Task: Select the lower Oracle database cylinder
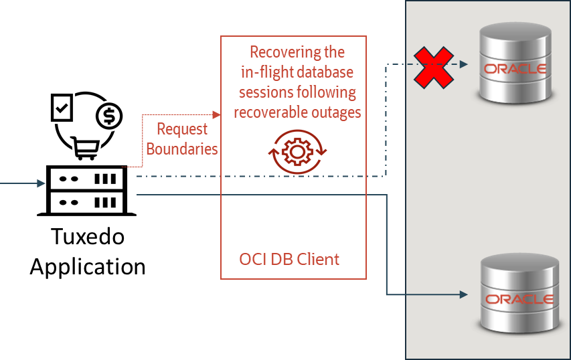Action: pos(517,294)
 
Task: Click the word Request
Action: pos(182,129)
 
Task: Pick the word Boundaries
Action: pos(182,149)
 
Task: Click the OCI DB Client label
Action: pos(289,259)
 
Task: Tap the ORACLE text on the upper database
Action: pos(515,69)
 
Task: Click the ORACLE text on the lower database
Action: pos(519,299)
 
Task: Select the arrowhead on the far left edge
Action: pos(42,183)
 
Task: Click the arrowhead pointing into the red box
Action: pos(216,115)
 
